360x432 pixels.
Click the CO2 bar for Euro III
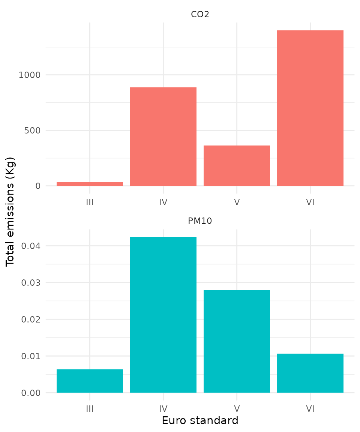[x=90, y=184]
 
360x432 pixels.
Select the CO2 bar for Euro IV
[x=163, y=136]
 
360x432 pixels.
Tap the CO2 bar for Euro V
[x=237, y=166]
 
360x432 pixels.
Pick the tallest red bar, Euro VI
[x=310, y=108]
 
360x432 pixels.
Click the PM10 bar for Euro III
[x=90, y=381]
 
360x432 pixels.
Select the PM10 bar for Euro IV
[x=163, y=315]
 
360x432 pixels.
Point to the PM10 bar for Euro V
[x=237, y=341]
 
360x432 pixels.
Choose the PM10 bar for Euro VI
[x=310, y=373]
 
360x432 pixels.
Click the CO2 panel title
[x=200, y=14]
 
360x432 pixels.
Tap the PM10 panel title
[x=200, y=221]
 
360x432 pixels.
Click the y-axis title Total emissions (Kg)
[x=10, y=211]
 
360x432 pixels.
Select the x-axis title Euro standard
[x=200, y=421]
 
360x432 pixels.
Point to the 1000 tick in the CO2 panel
[x=30, y=75]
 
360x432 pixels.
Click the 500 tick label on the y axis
[x=32, y=130]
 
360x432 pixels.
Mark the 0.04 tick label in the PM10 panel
[x=31, y=246]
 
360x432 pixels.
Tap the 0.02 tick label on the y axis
[x=31, y=319]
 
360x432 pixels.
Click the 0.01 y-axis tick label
[x=31, y=356]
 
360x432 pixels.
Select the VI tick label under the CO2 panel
[x=310, y=202]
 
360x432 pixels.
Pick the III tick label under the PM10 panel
[x=90, y=409]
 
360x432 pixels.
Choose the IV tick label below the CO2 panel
[x=163, y=202]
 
